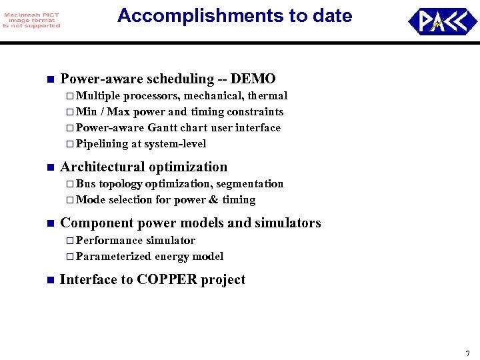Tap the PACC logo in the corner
click(442, 21)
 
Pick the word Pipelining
click(103, 144)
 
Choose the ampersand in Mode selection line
click(214, 200)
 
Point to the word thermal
click(267, 96)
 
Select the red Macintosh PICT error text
click(31, 21)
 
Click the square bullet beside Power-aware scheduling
click(49, 80)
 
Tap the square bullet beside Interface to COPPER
click(49, 280)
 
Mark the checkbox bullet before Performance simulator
click(71, 241)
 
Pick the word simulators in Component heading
click(287, 223)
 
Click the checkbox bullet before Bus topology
click(71, 184)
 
